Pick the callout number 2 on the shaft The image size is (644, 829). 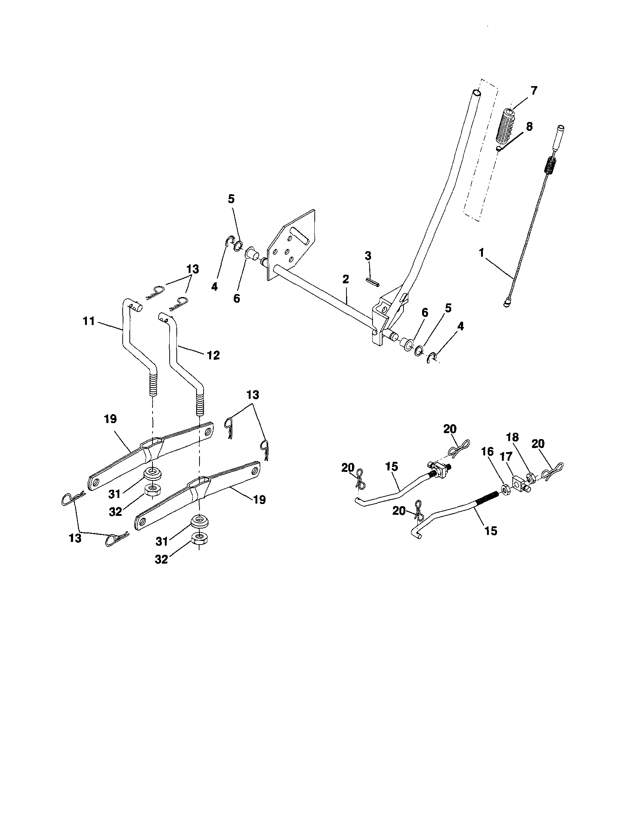pyautogui.click(x=345, y=279)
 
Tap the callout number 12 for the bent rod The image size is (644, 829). pyautogui.click(x=213, y=355)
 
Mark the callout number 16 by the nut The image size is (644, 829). pyautogui.click(x=487, y=452)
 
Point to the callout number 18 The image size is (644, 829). pyautogui.click(x=513, y=437)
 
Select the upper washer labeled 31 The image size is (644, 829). pyautogui.click(x=153, y=474)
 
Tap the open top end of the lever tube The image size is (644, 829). pyautogui.click(x=477, y=92)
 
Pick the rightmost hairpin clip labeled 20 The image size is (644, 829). pyautogui.click(x=553, y=471)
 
